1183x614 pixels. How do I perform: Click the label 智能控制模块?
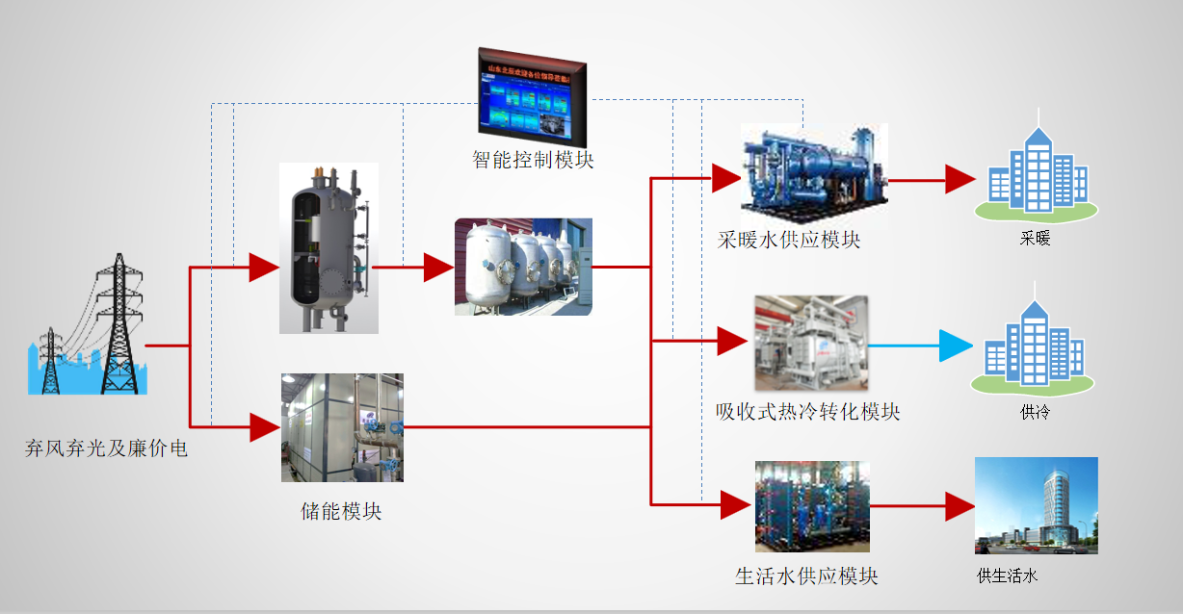pyautogui.click(x=533, y=159)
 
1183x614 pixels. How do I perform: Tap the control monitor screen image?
pyautogui.click(x=531, y=94)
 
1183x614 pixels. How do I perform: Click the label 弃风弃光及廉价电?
pyautogui.click(x=106, y=448)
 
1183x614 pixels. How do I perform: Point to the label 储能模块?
pyautogui.click(x=341, y=511)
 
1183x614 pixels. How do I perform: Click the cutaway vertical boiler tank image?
pyautogui.click(x=329, y=248)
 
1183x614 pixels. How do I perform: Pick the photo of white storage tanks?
pyautogui.click(x=523, y=267)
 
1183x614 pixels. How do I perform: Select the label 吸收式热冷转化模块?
pyautogui.click(x=807, y=412)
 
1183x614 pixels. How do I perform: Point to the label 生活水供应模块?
pyautogui.click(x=806, y=576)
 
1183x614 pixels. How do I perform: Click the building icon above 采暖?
pyautogui.click(x=1036, y=173)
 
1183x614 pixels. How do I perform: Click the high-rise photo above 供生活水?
pyautogui.click(x=1036, y=505)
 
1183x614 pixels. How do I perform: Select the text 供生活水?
pyautogui.click(x=1008, y=576)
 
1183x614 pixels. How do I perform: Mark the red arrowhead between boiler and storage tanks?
pyautogui.click(x=438, y=269)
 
